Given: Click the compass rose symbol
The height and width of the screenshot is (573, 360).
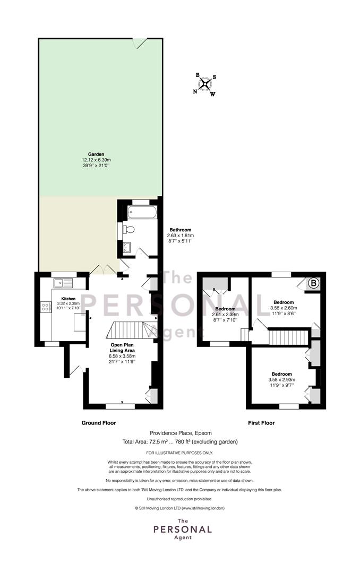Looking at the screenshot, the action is (x=205, y=84).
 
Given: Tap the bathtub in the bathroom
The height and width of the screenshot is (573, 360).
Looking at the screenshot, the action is (x=142, y=211).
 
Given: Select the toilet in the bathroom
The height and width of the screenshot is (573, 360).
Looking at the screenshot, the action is (x=127, y=230).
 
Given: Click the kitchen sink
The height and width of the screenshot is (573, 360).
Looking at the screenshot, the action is (x=63, y=282).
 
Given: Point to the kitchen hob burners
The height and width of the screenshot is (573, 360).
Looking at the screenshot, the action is (x=46, y=306).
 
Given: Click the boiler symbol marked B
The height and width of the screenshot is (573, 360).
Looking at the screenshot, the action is (x=313, y=283).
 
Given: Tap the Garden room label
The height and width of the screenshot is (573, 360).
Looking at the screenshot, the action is (x=96, y=154).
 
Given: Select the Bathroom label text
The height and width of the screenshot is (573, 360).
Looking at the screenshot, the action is (x=181, y=230).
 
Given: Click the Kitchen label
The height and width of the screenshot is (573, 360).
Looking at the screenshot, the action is (x=68, y=299).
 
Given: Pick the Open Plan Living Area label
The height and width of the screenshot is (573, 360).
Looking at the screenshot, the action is (x=122, y=348).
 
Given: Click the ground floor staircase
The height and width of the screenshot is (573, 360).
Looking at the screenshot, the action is (x=131, y=330).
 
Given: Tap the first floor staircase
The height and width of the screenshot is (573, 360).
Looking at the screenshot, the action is (x=288, y=337).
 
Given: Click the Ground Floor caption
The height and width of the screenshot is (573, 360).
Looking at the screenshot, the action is (x=98, y=423).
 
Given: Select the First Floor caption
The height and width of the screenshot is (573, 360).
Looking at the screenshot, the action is (x=261, y=423).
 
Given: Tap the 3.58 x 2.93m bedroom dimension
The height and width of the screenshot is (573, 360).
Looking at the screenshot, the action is (x=282, y=380).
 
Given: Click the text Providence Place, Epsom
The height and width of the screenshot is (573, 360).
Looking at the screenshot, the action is (x=181, y=433).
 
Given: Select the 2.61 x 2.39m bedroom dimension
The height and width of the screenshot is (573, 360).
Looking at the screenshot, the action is (x=225, y=314).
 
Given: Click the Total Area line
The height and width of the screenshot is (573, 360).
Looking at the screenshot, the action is (x=180, y=442).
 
